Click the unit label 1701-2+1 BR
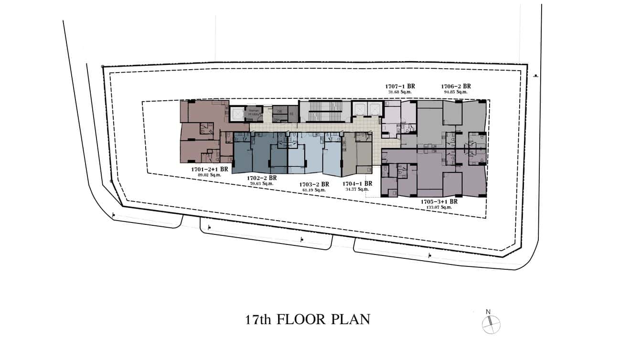(x=209, y=169)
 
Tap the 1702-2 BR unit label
(x=262, y=178)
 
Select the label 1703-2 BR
(x=314, y=184)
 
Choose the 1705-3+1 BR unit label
(x=439, y=201)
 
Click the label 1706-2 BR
(x=456, y=86)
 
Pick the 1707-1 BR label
(x=400, y=86)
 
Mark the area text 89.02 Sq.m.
(x=209, y=175)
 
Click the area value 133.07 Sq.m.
(x=439, y=207)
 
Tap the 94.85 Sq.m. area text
(x=456, y=92)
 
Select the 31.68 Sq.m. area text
(x=400, y=92)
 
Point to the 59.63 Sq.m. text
(x=262, y=183)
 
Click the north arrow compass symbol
(x=491, y=325)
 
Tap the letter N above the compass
(x=488, y=312)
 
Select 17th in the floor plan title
(x=258, y=319)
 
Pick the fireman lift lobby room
(x=253, y=114)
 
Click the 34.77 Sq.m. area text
(x=357, y=190)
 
